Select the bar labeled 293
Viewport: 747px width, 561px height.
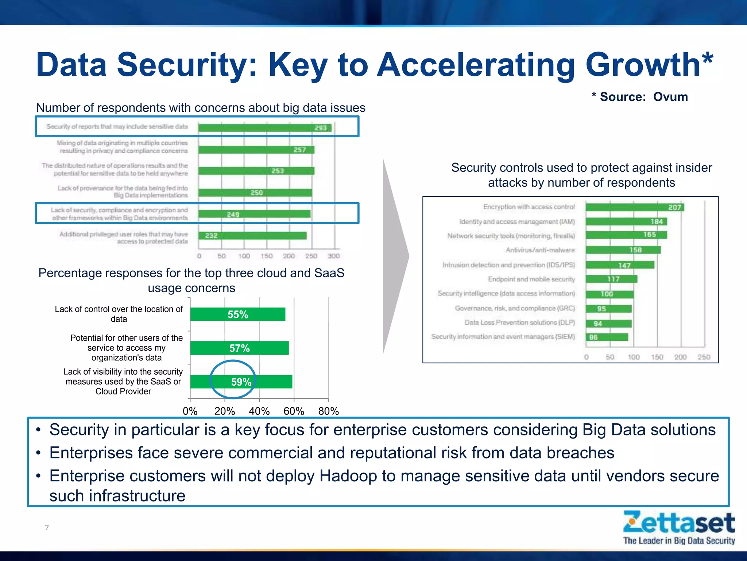point(265,128)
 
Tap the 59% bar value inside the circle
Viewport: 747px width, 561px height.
point(241,382)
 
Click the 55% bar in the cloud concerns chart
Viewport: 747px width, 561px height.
point(237,314)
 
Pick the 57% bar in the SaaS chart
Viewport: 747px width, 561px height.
point(239,348)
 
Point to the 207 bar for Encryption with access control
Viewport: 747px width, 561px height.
point(635,207)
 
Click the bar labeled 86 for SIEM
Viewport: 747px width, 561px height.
point(607,337)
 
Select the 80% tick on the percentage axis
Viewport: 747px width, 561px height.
point(328,411)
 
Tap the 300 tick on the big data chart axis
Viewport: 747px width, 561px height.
point(333,256)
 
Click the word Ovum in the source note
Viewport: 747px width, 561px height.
point(670,97)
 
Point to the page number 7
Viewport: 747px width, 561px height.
point(47,527)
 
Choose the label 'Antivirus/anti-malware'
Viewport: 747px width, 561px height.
point(540,250)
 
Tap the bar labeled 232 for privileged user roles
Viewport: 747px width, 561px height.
point(252,236)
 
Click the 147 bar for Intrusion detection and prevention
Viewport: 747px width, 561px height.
point(620,265)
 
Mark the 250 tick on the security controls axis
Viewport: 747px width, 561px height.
point(704,357)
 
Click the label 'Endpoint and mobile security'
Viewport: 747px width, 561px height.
point(531,279)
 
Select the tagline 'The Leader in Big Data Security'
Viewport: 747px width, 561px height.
point(679,541)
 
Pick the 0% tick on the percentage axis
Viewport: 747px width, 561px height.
point(190,411)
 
